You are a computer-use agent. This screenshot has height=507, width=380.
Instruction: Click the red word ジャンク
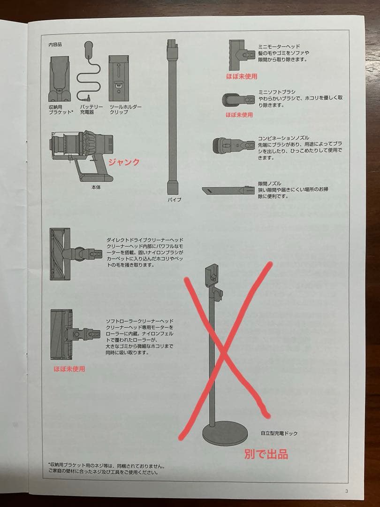pos(124,162)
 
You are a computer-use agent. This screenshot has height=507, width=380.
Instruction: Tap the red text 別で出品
pos(266,454)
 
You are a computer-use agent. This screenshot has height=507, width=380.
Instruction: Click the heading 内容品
pos(55,45)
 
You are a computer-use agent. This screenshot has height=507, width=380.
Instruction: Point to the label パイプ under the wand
pos(174,200)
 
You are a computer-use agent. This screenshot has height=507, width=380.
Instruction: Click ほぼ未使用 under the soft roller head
pos(69,369)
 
